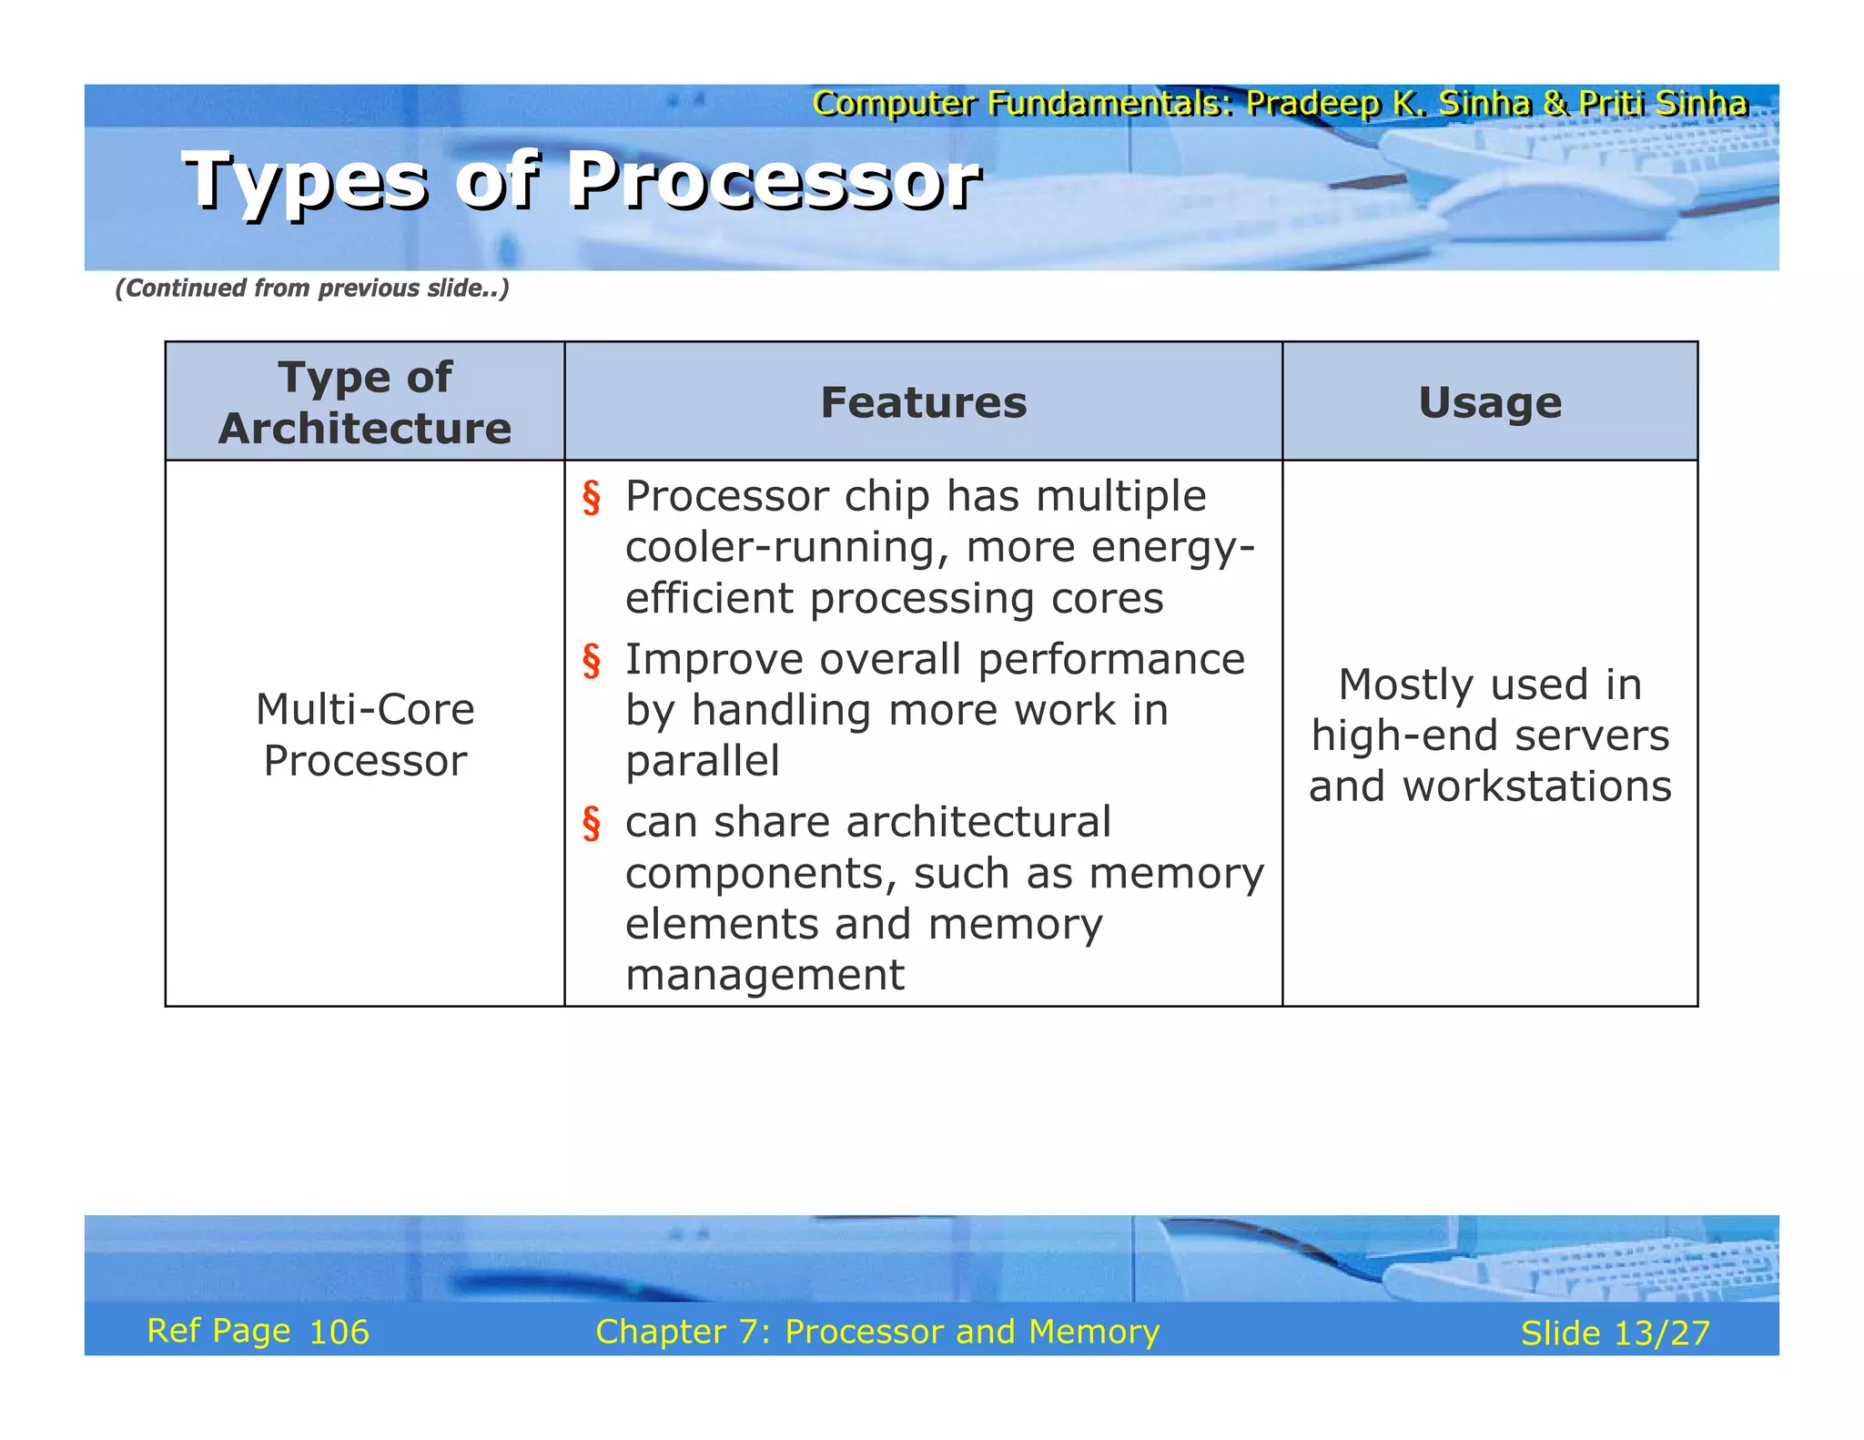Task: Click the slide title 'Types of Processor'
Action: coord(582,180)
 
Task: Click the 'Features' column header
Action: coord(923,402)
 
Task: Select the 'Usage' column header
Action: coord(1489,402)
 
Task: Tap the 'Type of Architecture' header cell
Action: coord(364,402)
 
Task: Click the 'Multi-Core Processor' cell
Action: coord(364,734)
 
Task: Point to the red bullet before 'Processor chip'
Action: coord(592,498)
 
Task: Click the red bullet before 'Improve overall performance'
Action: coord(592,661)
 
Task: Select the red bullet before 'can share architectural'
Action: coord(592,823)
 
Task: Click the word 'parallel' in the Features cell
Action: coord(702,761)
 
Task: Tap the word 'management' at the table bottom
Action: coord(765,975)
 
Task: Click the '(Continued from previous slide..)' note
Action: coord(311,289)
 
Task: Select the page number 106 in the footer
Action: coord(339,1333)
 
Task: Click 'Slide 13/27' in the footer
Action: coord(1615,1334)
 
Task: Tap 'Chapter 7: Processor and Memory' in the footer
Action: coord(877,1332)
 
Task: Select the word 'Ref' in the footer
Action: coord(173,1331)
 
